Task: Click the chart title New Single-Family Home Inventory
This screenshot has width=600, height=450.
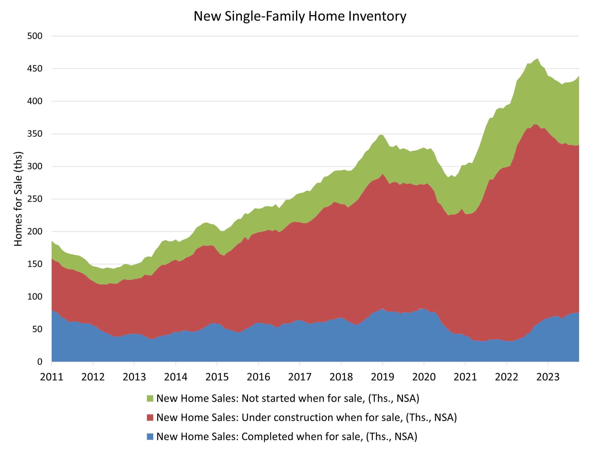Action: tap(300, 16)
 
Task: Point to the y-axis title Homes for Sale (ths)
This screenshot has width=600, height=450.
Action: tap(18, 199)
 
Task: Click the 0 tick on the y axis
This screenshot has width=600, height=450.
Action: tap(40, 362)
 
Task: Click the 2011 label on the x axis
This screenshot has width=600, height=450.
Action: tap(52, 377)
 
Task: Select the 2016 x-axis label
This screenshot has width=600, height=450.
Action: tap(259, 377)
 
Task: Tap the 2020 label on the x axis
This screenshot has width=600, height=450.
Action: tap(424, 377)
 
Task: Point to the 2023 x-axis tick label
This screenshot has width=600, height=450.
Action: tap(548, 377)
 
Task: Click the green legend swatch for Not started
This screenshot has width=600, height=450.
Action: tap(150, 398)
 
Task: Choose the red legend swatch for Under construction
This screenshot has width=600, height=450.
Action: tap(150, 417)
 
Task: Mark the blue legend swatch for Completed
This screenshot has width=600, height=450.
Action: tap(150, 436)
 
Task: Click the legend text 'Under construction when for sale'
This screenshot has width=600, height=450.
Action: tap(307, 417)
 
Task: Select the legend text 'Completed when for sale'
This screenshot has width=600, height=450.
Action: tap(287, 436)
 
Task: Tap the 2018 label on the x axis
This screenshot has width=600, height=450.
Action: tap(341, 377)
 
